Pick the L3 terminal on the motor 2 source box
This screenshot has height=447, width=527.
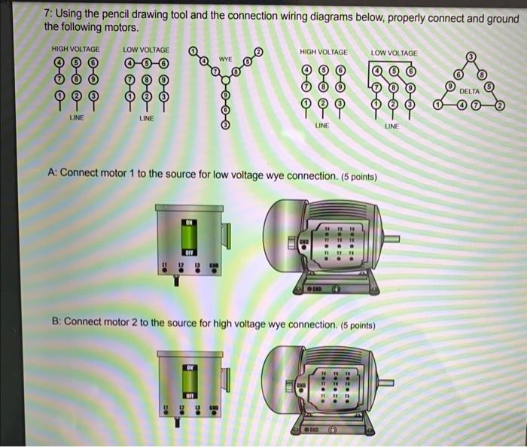coord(198,410)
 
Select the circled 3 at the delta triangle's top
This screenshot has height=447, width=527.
coord(471,56)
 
